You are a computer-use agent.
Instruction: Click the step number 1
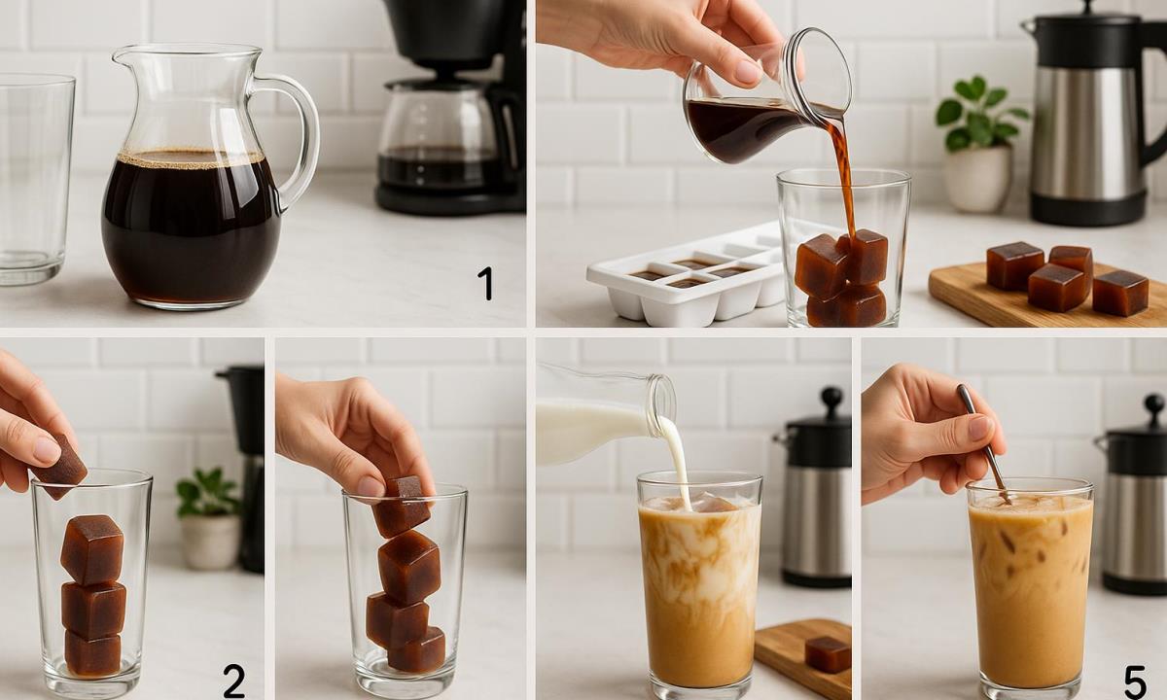(486, 283)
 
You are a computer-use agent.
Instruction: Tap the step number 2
(234, 682)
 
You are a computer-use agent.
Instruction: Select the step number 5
(1135, 682)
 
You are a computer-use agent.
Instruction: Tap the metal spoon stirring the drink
(983, 443)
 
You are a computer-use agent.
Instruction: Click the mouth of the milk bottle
(661, 399)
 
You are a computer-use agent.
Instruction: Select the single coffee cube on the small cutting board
(828, 654)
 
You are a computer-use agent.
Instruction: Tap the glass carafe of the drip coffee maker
(438, 138)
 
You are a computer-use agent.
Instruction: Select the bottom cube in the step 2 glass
(92, 652)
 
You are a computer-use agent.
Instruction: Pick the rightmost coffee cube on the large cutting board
(1120, 294)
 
